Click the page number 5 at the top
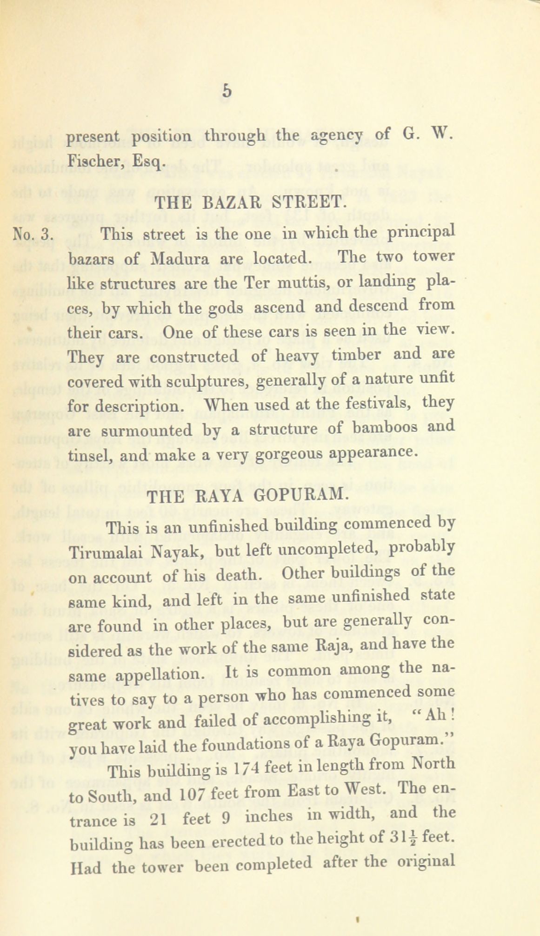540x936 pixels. [227, 91]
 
